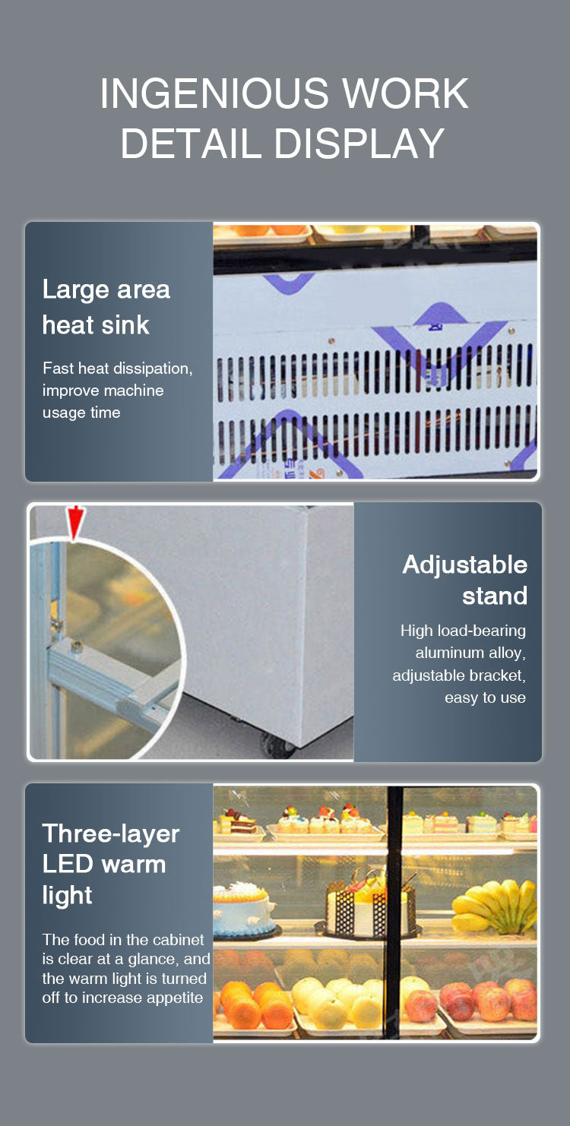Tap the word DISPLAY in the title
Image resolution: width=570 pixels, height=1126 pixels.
(359, 144)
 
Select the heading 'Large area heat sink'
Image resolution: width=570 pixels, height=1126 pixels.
(106, 307)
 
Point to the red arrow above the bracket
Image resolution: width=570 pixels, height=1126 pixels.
(75, 522)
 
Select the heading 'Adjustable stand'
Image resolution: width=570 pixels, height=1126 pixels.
(464, 580)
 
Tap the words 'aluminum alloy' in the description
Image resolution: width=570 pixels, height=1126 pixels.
(470, 653)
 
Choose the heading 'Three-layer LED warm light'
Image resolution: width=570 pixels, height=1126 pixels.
(110, 864)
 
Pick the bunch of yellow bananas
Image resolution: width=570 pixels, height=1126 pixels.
(494, 908)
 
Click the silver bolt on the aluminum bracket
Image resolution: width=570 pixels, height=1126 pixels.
(76, 647)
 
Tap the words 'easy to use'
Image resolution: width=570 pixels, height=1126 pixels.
(485, 697)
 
